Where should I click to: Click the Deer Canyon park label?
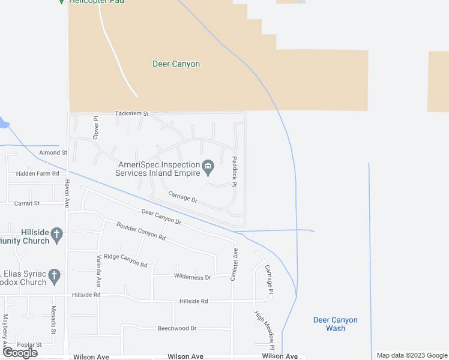176,64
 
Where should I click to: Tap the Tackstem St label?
131,113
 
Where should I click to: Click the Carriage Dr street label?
183,197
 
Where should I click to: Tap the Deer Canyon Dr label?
161,217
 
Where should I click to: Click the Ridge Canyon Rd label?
125,260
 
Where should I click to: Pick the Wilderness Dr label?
193,277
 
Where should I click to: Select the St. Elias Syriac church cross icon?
54,276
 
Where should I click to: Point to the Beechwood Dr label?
177,328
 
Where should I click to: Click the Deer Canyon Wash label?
336,324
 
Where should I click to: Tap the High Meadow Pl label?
264,329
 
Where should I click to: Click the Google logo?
20,353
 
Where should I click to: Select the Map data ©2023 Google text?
411,355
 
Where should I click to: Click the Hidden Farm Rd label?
38,173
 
